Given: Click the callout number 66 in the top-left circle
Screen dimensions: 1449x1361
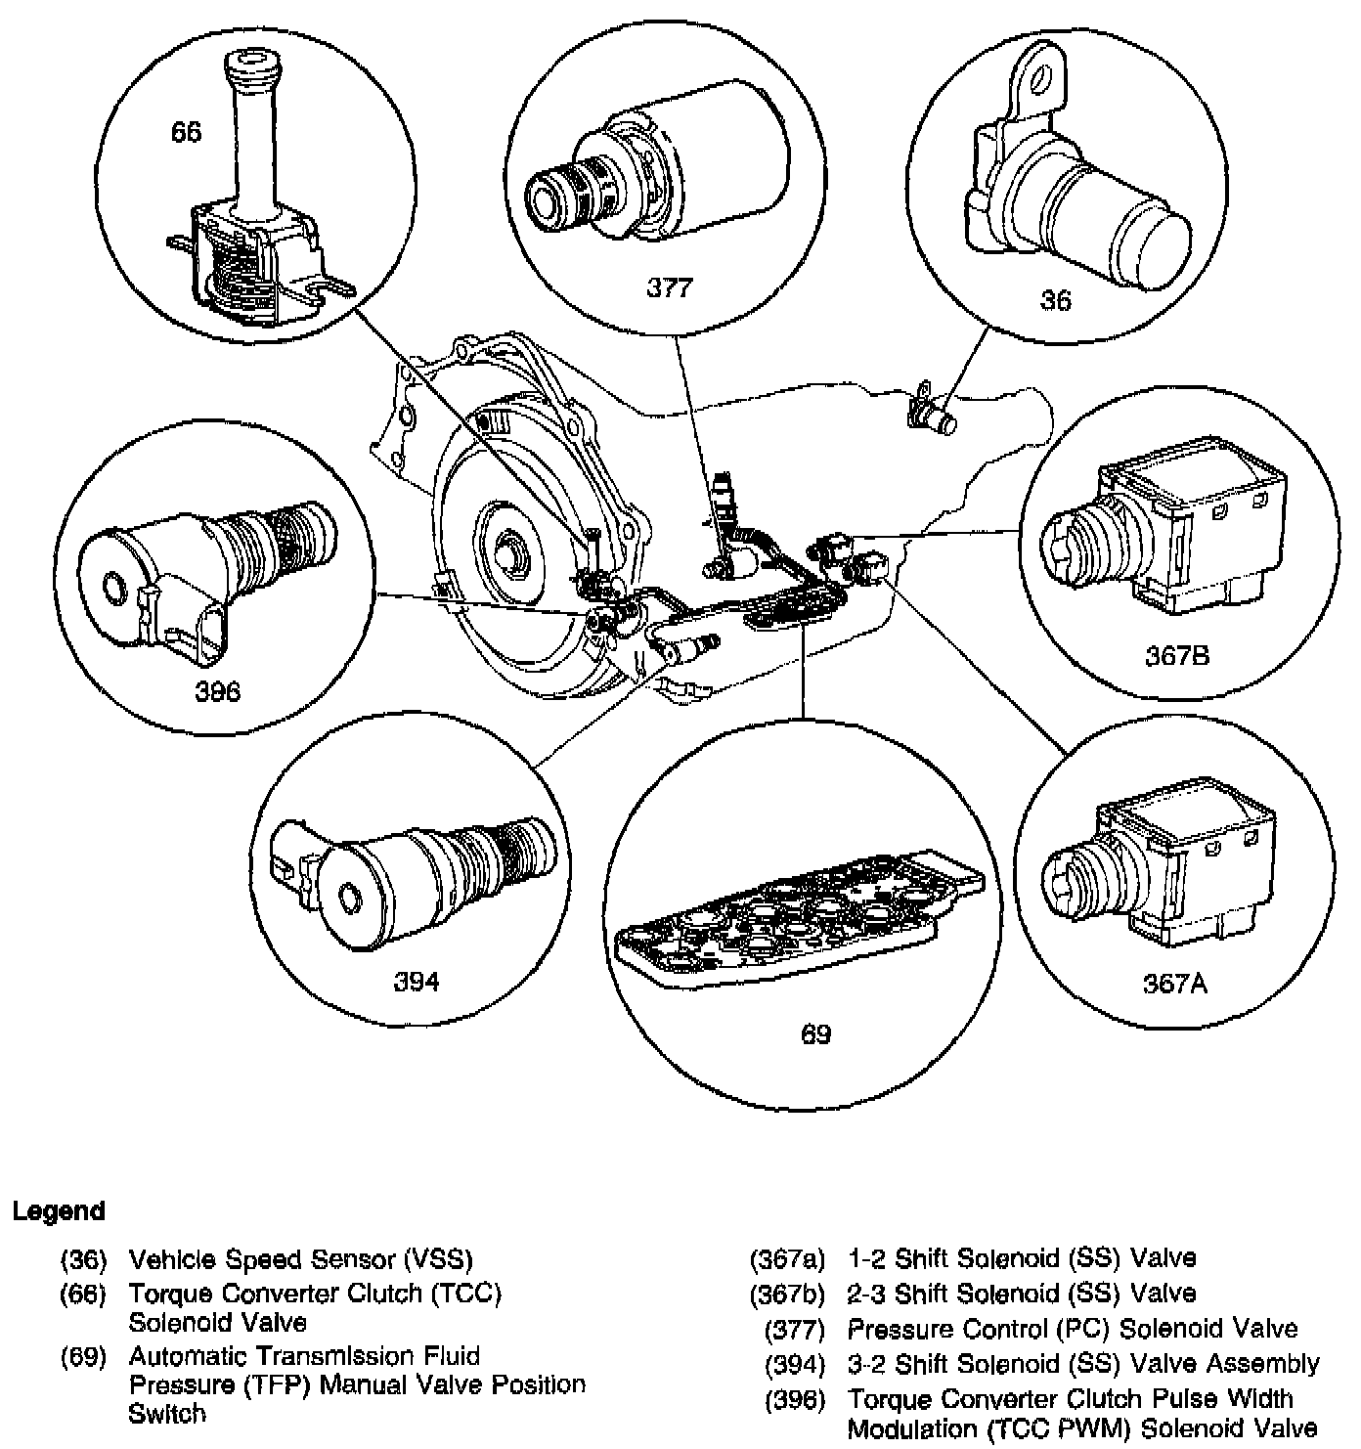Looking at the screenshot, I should click(x=186, y=131).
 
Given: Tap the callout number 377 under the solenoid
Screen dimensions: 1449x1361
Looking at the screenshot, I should click(x=670, y=287).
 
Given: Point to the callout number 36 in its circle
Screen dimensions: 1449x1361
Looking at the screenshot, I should click(x=1056, y=301).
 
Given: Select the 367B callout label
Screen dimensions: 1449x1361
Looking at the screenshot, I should click(x=1177, y=655).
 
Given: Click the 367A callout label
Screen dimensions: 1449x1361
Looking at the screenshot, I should click(x=1175, y=984).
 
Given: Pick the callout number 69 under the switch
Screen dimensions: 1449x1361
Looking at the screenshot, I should click(x=816, y=1034).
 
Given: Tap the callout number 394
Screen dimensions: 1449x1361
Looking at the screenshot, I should click(x=417, y=982).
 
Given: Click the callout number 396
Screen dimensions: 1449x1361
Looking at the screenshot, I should click(x=217, y=691).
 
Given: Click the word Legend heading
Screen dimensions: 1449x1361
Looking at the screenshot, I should click(x=59, y=1211).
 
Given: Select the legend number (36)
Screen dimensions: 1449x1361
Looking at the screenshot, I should click(x=83, y=1258).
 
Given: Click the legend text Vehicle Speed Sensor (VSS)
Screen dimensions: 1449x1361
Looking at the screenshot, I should click(x=301, y=1258).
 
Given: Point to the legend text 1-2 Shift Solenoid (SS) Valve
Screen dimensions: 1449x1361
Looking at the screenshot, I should click(x=1022, y=1258).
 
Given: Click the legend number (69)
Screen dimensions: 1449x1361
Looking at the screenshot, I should click(x=83, y=1357).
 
